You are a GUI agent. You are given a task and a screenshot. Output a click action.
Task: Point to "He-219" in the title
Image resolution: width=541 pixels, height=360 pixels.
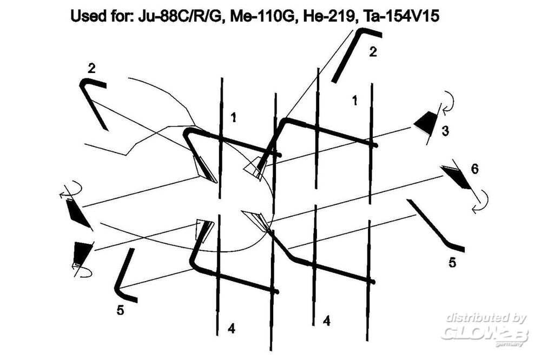pos(329,16)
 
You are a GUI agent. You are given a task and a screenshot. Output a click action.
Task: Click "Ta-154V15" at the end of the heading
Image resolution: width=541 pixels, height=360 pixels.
pos(399,16)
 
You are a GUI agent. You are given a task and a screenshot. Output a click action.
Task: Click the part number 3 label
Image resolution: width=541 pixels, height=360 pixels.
pos(445,131)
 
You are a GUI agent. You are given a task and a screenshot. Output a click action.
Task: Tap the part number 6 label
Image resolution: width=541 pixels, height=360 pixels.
pos(475,169)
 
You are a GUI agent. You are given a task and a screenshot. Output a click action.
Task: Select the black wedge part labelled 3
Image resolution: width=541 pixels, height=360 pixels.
pos(426,122)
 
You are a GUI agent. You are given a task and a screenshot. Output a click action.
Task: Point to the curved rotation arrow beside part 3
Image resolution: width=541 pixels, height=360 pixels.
pos(448,102)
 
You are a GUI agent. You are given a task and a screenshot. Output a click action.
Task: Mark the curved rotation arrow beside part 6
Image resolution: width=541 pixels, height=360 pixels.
pos(481,201)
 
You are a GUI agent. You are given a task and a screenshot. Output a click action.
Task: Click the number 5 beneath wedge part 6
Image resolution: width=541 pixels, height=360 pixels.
pos(452,262)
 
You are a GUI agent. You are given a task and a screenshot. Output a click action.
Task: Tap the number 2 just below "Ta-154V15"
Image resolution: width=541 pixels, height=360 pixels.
pos(373,52)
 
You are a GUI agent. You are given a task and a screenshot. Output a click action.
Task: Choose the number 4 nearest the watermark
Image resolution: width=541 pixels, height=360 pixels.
pos(326,321)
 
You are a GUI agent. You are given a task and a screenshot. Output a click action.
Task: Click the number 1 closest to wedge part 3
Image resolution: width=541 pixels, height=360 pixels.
pos(354,101)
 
